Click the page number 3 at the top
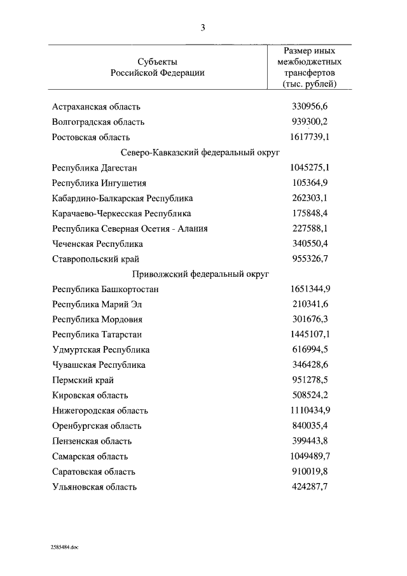click(x=202, y=27)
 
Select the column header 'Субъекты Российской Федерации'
click(x=157, y=67)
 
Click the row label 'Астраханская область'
click(x=97, y=106)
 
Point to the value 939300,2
click(x=310, y=122)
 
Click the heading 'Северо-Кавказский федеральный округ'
click(x=200, y=152)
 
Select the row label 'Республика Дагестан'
click(x=95, y=167)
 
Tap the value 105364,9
click(x=310, y=183)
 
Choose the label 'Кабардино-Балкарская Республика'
click(x=123, y=198)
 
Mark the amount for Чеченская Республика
click(x=310, y=243)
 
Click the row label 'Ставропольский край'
click(x=96, y=258)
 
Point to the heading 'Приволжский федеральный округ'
click(x=200, y=274)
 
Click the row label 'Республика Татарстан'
click(x=97, y=334)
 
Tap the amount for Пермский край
click(x=310, y=380)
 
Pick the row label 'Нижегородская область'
click(x=100, y=411)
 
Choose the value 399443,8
click(x=310, y=440)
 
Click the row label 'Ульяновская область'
click(x=95, y=487)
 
